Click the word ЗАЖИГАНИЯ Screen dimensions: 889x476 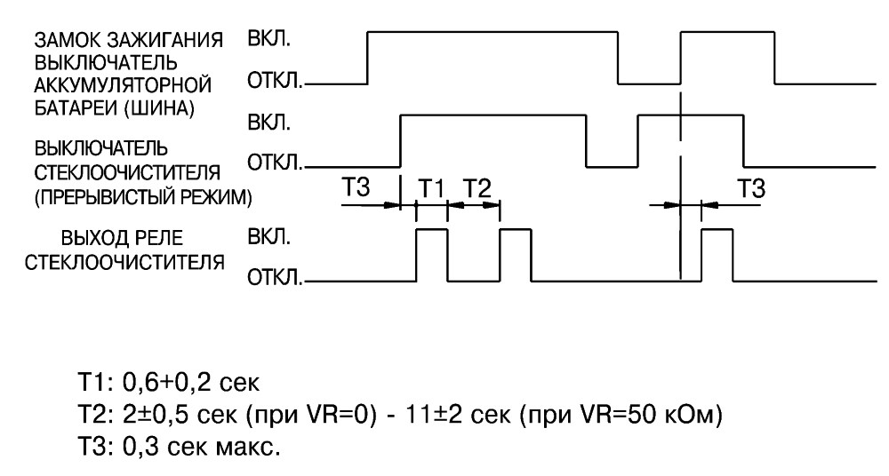coord(165,41)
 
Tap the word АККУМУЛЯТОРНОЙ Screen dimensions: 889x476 coord(123,85)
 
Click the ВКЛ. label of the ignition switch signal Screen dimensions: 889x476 coord(268,40)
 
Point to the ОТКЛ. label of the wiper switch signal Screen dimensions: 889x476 coord(275,163)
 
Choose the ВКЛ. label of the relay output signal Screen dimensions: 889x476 coord(268,236)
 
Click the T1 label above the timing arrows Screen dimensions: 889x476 coord(432,187)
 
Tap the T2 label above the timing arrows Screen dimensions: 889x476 coord(477,187)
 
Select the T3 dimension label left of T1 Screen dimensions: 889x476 coord(356,186)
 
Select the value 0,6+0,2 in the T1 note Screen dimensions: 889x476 coord(167,384)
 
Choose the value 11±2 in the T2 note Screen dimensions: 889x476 coord(434,416)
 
